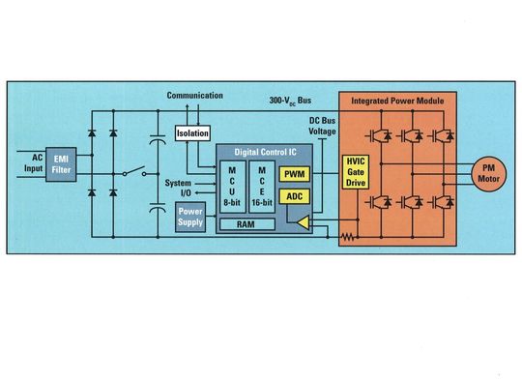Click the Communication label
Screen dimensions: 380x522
(196, 96)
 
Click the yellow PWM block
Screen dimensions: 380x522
(293, 175)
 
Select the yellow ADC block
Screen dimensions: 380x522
(293, 197)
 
